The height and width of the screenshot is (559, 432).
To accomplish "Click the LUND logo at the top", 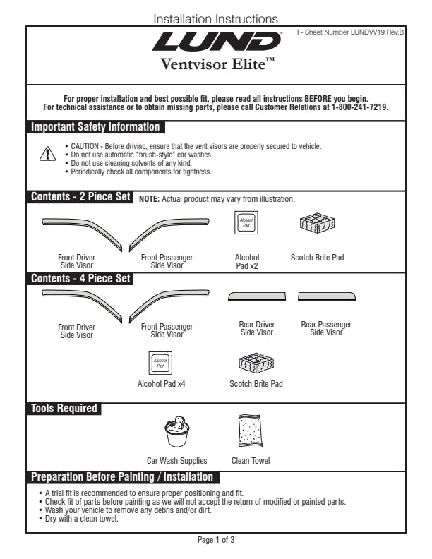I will pos(217,42).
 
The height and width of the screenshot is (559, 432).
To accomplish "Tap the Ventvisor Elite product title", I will pos(217,66).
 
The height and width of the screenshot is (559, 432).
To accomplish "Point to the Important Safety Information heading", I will pos(95,127).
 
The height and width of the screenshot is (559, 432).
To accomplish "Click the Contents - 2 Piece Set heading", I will pos(80,197).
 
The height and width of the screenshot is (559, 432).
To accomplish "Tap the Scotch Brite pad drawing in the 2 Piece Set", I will pos(317,224).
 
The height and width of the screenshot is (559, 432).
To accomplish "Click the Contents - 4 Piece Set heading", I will pos(80,278).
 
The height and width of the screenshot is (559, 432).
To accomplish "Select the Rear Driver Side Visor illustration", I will pos(257,296).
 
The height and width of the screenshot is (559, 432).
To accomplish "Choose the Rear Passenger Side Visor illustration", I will pos(325,296).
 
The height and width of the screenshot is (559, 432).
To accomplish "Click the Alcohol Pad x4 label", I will pos(161,384).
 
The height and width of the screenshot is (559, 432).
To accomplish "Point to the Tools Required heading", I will pos(64,408).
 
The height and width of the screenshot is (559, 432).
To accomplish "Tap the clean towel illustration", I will pos(251,431).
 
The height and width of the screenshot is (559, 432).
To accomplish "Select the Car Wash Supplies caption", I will pos(176,461).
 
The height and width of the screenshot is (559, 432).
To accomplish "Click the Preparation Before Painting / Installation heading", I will pos(121,477).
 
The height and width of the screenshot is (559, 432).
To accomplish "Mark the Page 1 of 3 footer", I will pos(216,540).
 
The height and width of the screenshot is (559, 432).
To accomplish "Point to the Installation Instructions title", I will pos(216,18).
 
